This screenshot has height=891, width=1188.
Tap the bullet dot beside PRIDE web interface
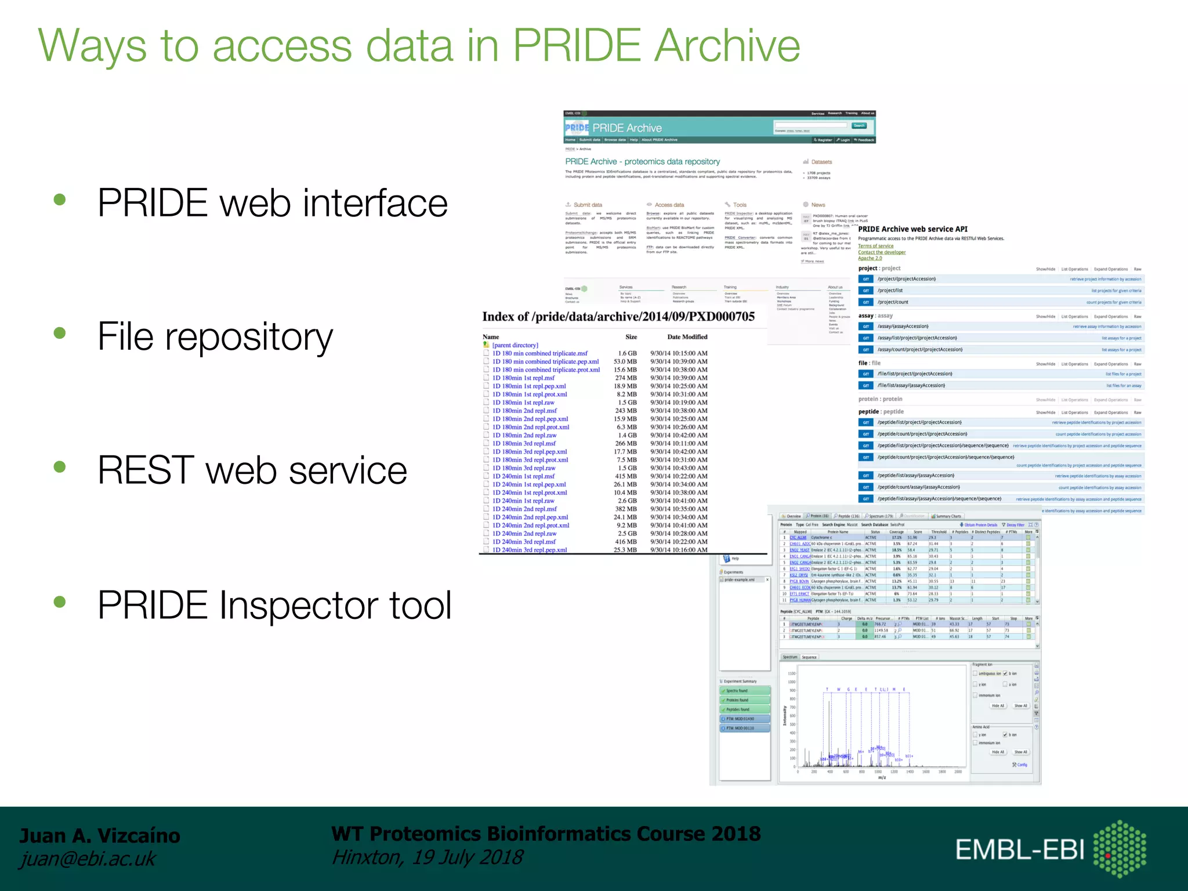point(60,200)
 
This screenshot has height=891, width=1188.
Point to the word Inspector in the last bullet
point(298,605)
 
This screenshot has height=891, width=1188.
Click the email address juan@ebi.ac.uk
point(88,859)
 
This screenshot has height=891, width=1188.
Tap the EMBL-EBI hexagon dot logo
point(1120,849)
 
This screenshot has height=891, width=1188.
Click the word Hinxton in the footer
point(365,857)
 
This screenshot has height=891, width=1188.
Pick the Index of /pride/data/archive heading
point(618,317)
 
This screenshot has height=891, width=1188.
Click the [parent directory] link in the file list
point(515,345)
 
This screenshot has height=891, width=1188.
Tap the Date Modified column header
point(687,337)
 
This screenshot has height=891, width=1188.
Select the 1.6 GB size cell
point(627,353)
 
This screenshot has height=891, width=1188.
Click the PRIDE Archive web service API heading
point(912,229)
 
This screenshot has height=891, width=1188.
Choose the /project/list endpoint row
point(890,291)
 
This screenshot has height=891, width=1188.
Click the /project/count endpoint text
point(893,302)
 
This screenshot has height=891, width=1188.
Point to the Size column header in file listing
point(631,337)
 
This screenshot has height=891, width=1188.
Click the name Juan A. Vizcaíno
point(100,836)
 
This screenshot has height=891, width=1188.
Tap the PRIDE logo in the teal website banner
point(577,128)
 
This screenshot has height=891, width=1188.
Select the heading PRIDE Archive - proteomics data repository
point(642,162)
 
